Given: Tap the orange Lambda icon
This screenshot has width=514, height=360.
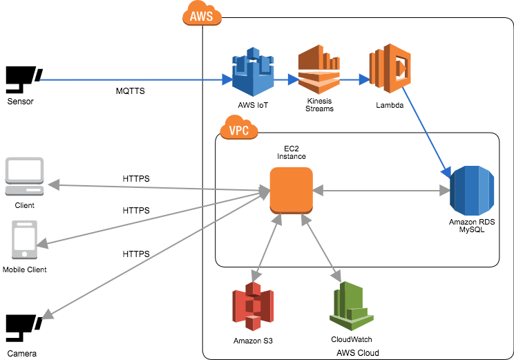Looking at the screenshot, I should click(390, 69).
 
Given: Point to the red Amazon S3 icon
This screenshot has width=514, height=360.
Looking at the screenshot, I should click(252, 307).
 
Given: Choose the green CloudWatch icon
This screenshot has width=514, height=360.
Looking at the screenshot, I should click(352, 307).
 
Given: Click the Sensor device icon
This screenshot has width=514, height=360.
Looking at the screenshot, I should click(23, 79).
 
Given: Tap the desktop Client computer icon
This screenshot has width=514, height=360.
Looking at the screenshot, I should click(24, 176).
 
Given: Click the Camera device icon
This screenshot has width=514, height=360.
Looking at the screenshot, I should click(23, 328).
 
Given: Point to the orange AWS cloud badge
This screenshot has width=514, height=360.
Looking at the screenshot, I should click(202, 15).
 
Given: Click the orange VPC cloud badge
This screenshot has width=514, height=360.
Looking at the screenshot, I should click(239, 129).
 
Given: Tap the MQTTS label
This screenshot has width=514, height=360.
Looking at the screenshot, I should click(130, 91).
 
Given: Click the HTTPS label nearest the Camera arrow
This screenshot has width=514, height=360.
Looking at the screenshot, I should click(136, 254).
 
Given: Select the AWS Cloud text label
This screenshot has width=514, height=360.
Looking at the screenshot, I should click(357, 352).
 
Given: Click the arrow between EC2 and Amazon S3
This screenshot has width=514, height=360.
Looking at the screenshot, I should click(268, 245).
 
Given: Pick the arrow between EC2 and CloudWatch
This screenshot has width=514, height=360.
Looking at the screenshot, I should click(321, 245).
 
